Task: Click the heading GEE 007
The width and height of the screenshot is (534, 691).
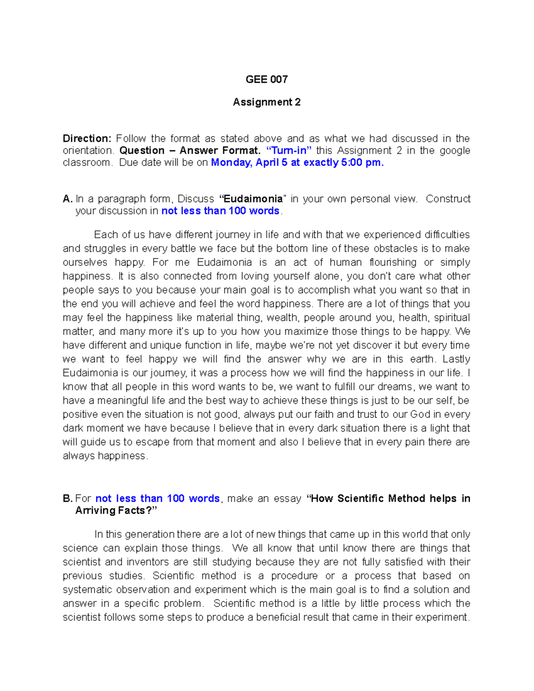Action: (x=267, y=79)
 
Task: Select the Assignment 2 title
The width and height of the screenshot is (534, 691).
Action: (x=267, y=102)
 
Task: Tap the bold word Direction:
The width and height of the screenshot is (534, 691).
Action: (x=87, y=138)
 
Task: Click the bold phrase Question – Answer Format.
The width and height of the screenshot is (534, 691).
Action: (x=190, y=150)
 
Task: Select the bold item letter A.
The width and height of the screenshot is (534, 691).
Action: (x=67, y=198)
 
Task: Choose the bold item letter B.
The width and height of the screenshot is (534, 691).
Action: (x=67, y=498)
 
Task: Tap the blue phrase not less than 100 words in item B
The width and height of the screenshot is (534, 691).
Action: (x=158, y=498)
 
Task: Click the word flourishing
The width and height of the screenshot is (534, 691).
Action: (x=393, y=262)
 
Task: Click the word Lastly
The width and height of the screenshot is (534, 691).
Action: (x=456, y=359)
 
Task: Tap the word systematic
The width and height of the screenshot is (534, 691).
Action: (x=88, y=589)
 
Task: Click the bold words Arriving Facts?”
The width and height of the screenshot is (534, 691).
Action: (x=116, y=510)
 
